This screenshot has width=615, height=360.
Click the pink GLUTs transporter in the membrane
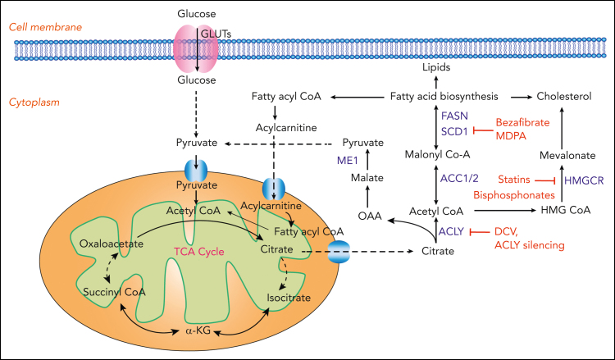[x=196, y=48]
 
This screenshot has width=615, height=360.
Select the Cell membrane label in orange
[x=45, y=27]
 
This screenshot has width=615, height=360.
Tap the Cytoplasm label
[x=34, y=103]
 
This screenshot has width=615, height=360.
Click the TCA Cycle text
[x=199, y=252]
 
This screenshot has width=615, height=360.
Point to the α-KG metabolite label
[x=198, y=330]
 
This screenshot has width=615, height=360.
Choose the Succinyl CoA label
[x=114, y=292]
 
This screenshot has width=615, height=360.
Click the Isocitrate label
[x=289, y=298]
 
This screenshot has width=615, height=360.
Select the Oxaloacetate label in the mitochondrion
[x=112, y=244]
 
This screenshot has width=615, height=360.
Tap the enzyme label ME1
[x=348, y=160]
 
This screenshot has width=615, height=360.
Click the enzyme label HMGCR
[x=584, y=180]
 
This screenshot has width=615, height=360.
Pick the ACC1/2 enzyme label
[x=459, y=179]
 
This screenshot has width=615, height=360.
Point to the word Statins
[x=514, y=180]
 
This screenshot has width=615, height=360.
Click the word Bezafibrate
[x=523, y=122]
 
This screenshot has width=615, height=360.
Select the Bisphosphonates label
[x=514, y=195]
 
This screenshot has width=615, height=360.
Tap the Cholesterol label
[x=564, y=97]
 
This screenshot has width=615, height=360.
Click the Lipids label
[x=436, y=67]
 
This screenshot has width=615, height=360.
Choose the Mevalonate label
[x=567, y=155]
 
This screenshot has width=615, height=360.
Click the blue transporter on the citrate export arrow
[x=338, y=252]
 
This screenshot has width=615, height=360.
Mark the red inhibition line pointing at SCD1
[x=483, y=130]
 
